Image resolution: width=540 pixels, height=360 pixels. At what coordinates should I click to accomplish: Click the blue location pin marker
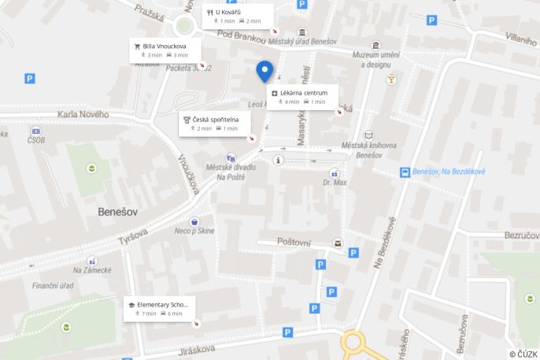tap(264, 71)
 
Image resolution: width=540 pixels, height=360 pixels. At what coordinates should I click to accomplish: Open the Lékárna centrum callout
tap(303, 97)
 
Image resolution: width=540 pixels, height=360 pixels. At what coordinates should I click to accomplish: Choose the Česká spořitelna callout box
tap(214, 123)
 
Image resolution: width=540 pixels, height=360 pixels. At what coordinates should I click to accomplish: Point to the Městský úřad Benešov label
tap(302, 41)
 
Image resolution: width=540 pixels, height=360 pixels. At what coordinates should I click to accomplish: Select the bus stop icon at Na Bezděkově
tap(405, 172)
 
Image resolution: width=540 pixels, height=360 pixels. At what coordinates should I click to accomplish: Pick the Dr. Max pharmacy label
tap(335, 183)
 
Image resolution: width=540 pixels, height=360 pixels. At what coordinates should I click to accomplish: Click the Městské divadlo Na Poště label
tap(231, 171)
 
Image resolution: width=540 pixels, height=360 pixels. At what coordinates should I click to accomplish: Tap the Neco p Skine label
tap(194, 230)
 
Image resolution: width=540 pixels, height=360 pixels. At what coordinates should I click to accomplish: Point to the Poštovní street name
tap(294, 243)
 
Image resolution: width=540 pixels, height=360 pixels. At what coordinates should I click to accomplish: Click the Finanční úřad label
tap(53, 285)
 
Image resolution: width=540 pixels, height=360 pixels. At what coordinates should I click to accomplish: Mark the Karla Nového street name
tap(83, 115)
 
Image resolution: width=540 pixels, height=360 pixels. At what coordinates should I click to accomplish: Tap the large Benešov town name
tap(119, 212)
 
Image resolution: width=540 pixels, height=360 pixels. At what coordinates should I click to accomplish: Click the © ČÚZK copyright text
tap(523, 354)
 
